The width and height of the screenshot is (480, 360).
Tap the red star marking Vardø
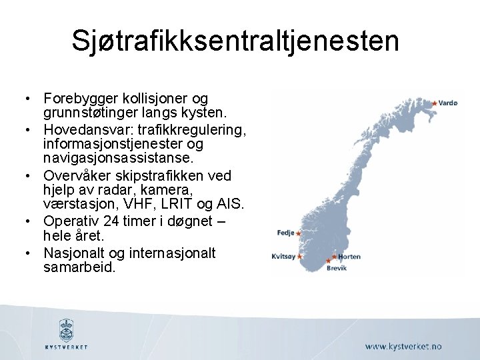click(x=435, y=103)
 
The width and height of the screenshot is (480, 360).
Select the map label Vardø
click(x=449, y=103)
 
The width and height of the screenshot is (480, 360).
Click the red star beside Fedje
click(x=299, y=233)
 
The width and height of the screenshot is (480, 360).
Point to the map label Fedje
click(x=285, y=233)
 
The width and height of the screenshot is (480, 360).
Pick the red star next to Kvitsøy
click(x=300, y=257)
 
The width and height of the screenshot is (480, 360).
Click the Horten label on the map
click(x=349, y=257)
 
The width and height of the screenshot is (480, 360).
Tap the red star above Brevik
click(x=328, y=260)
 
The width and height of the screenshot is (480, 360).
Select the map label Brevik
click(x=336, y=268)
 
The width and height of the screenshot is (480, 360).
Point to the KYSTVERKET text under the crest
click(x=66, y=347)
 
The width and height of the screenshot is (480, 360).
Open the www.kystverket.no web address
click(x=403, y=347)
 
